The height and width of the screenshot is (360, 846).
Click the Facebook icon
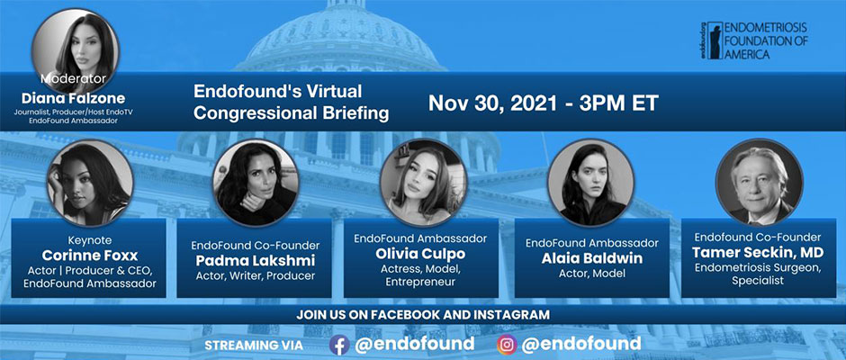click(338, 345)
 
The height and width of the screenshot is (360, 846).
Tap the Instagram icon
click(507, 345)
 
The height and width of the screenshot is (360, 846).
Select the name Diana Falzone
click(73, 98)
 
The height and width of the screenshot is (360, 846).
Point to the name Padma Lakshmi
click(255, 261)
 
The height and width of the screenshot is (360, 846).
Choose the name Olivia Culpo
click(420, 254)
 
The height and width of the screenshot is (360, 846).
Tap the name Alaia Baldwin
click(592, 258)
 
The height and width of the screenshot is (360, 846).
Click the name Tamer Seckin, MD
click(758, 253)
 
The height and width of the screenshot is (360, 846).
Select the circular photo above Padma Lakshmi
click(256, 182)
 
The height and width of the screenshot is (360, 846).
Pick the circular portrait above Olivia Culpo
click(423, 182)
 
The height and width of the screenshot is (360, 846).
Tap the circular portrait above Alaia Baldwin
click(590, 182)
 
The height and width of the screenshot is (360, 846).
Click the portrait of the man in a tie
click(759, 182)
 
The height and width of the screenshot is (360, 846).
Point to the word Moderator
click(74, 79)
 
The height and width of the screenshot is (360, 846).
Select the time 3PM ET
click(619, 103)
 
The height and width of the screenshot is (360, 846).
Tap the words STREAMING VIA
click(254, 345)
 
